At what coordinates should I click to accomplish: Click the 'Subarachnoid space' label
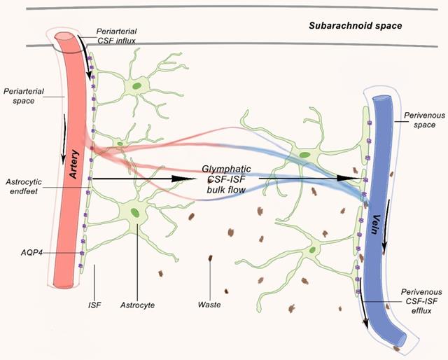click(356, 26)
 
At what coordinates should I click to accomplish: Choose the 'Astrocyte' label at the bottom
click(137, 305)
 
